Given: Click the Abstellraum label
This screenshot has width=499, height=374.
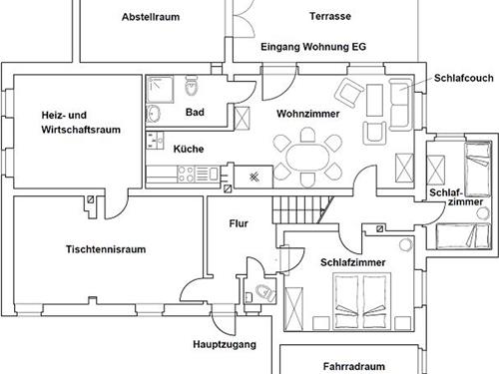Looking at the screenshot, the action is click(x=151, y=17).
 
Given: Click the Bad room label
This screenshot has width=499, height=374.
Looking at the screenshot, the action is click(x=195, y=112).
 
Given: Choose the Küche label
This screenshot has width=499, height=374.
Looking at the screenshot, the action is click(x=189, y=149).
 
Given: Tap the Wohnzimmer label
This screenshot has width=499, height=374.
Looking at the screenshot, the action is click(x=307, y=114).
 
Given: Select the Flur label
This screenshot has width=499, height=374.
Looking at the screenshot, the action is click(x=239, y=223).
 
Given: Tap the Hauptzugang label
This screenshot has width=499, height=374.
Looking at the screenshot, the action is click(x=225, y=344).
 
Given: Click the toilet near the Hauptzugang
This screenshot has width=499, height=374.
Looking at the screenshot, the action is click(x=262, y=292).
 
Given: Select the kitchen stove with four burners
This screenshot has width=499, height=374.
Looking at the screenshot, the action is click(x=187, y=174).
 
